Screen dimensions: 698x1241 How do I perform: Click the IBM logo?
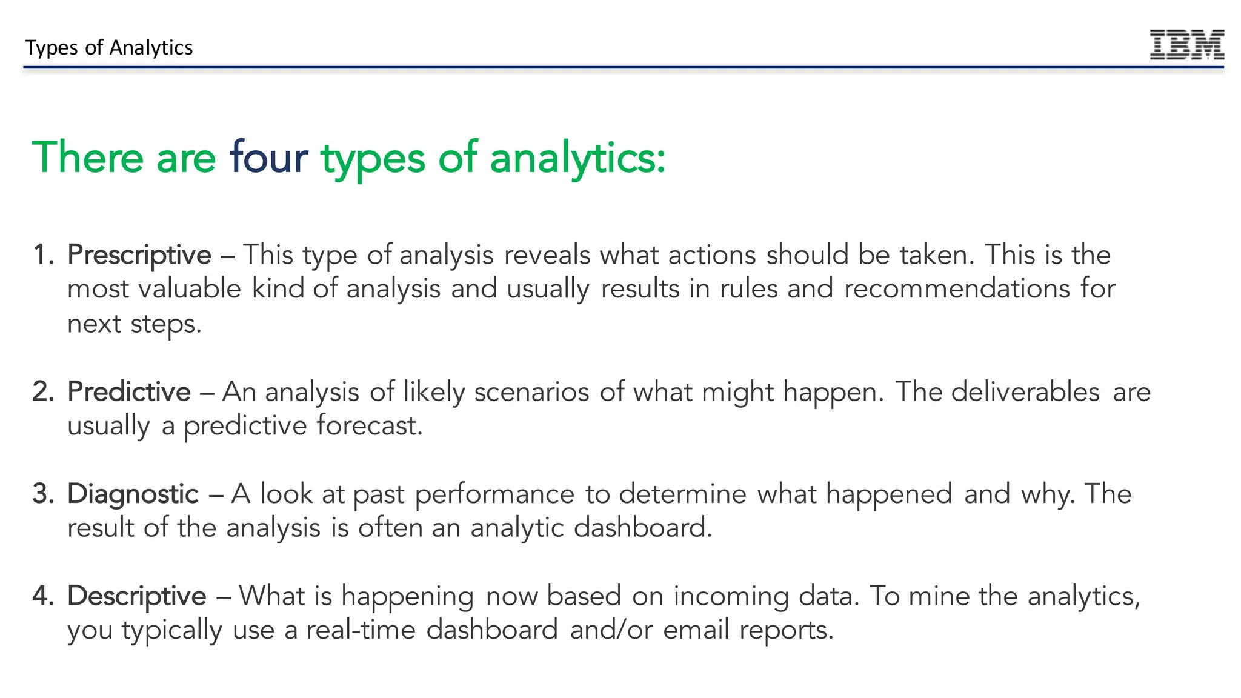coord(1186,44)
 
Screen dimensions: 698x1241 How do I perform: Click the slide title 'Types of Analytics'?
coord(109,47)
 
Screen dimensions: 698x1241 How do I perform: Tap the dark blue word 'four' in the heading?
coord(268,158)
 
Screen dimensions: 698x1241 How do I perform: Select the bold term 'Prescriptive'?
coord(139,255)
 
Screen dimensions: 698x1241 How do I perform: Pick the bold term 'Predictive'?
coord(129,392)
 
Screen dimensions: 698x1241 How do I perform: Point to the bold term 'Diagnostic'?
coord(133,494)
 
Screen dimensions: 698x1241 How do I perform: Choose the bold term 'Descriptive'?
coord(137,596)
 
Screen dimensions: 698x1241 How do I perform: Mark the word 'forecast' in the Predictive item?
coord(369,426)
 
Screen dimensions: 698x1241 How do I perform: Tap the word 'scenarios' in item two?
coord(531,392)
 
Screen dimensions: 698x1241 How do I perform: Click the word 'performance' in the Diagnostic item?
coord(494,494)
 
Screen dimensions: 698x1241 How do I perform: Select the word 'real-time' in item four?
coord(361,630)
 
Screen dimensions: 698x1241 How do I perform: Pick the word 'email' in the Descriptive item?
coord(696,630)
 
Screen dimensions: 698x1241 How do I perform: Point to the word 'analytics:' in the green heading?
coord(577,158)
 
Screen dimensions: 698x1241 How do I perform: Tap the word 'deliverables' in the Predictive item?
coord(1025,392)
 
